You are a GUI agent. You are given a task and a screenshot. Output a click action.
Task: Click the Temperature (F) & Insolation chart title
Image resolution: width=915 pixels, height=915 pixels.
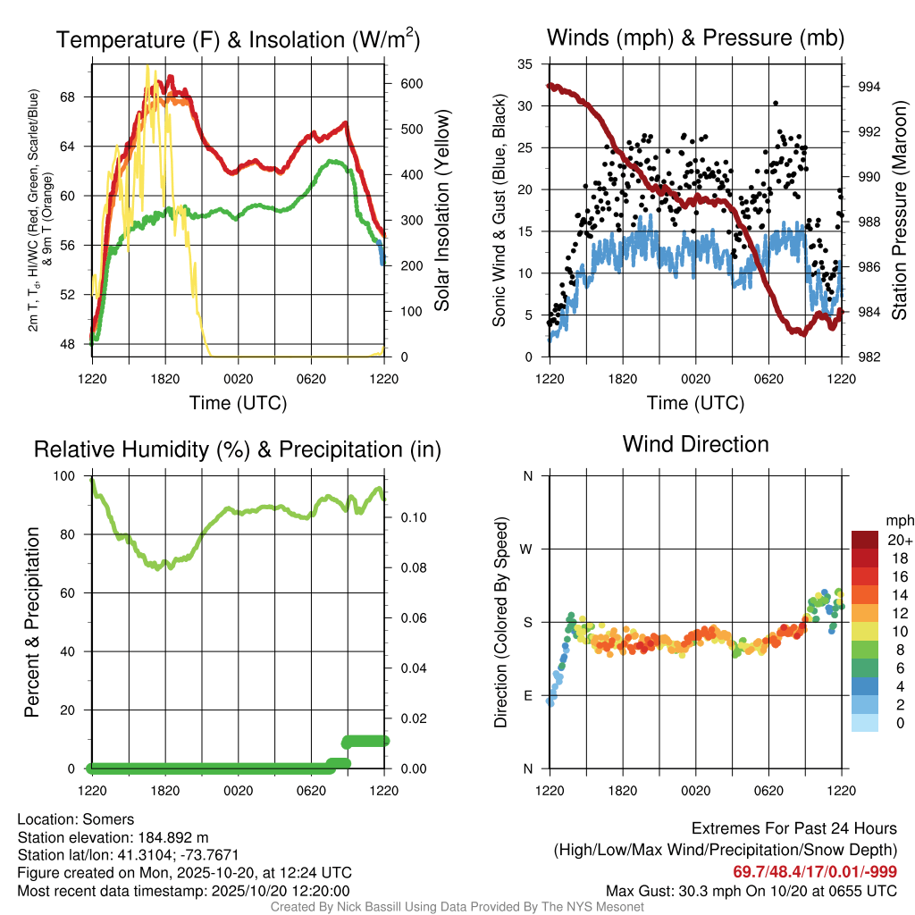(x=238, y=40)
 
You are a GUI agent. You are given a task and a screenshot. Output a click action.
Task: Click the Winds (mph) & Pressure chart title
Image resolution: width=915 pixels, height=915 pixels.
(x=695, y=38)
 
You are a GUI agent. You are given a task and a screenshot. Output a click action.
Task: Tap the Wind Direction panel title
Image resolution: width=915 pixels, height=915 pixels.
(x=695, y=444)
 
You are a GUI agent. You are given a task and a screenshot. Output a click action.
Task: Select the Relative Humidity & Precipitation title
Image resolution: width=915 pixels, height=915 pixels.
(x=238, y=449)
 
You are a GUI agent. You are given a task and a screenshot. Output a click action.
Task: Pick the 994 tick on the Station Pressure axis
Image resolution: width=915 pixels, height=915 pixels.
(x=869, y=87)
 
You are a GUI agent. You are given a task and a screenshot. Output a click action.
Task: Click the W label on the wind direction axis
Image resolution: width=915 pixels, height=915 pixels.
(x=527, y=549)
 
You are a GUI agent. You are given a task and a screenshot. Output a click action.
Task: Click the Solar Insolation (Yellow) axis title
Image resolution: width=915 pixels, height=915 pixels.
(x=441, y=210)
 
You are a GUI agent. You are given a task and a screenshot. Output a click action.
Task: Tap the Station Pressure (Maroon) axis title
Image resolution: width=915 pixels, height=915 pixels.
(x=899, y=210)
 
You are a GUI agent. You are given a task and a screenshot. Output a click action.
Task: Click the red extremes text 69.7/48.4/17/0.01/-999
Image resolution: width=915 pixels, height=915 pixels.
(x=815, y=871)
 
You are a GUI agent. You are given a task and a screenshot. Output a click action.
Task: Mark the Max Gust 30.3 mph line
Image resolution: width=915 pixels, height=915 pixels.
(x=751, y=890)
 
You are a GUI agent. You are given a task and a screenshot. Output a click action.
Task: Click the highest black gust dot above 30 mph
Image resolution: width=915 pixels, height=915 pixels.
(x=776, y=104)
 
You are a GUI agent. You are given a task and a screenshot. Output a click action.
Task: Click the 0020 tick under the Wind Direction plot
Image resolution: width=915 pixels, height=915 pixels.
(x=695, y=790)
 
